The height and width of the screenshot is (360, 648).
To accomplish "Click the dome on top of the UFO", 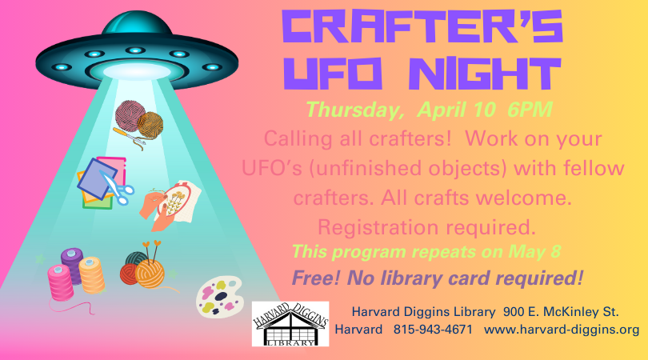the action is point(136,24).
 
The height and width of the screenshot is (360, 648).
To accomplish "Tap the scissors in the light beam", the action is point(117,188).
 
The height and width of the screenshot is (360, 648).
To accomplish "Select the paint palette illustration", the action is point(219,296).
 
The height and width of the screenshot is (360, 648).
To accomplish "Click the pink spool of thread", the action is point(60,282).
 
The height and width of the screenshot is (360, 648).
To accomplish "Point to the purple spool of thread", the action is point(73,265).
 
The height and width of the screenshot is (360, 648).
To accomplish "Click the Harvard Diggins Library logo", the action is point(290,324).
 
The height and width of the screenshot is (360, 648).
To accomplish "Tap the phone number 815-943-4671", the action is point(433,330).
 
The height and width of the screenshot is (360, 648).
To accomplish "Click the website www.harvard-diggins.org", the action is point(562,330).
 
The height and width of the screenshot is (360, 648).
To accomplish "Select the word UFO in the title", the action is point(332,74).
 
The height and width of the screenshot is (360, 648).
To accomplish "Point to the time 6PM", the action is point(530,110).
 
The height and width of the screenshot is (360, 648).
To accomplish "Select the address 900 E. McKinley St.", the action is point(561,312).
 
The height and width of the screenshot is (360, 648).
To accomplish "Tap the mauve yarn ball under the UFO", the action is point(130,115).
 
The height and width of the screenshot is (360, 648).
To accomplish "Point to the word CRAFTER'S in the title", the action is point(422,27).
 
